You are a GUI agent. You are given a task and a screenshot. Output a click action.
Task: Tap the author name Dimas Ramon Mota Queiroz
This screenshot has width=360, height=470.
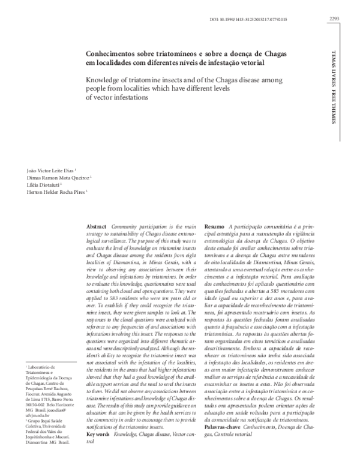[x=51, y=178]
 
